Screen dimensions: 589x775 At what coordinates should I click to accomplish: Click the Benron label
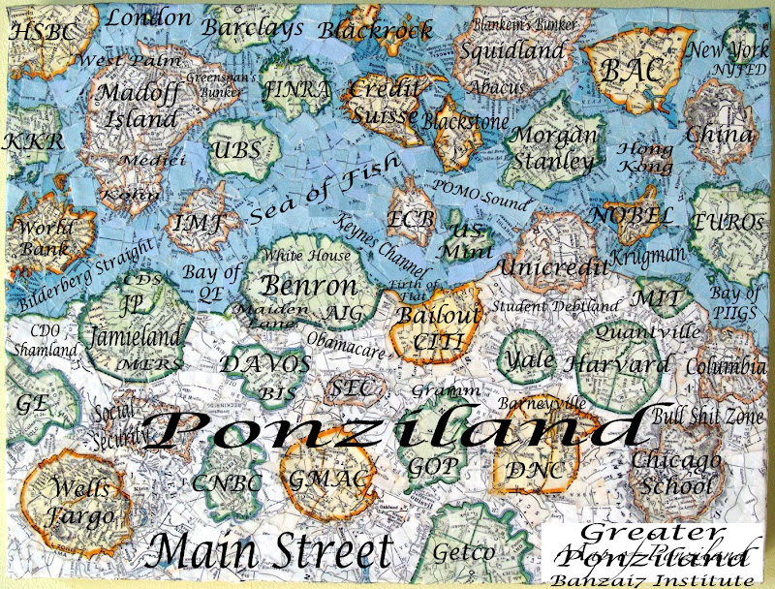(310, 287)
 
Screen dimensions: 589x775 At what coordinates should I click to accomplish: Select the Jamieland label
(135, 337)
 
